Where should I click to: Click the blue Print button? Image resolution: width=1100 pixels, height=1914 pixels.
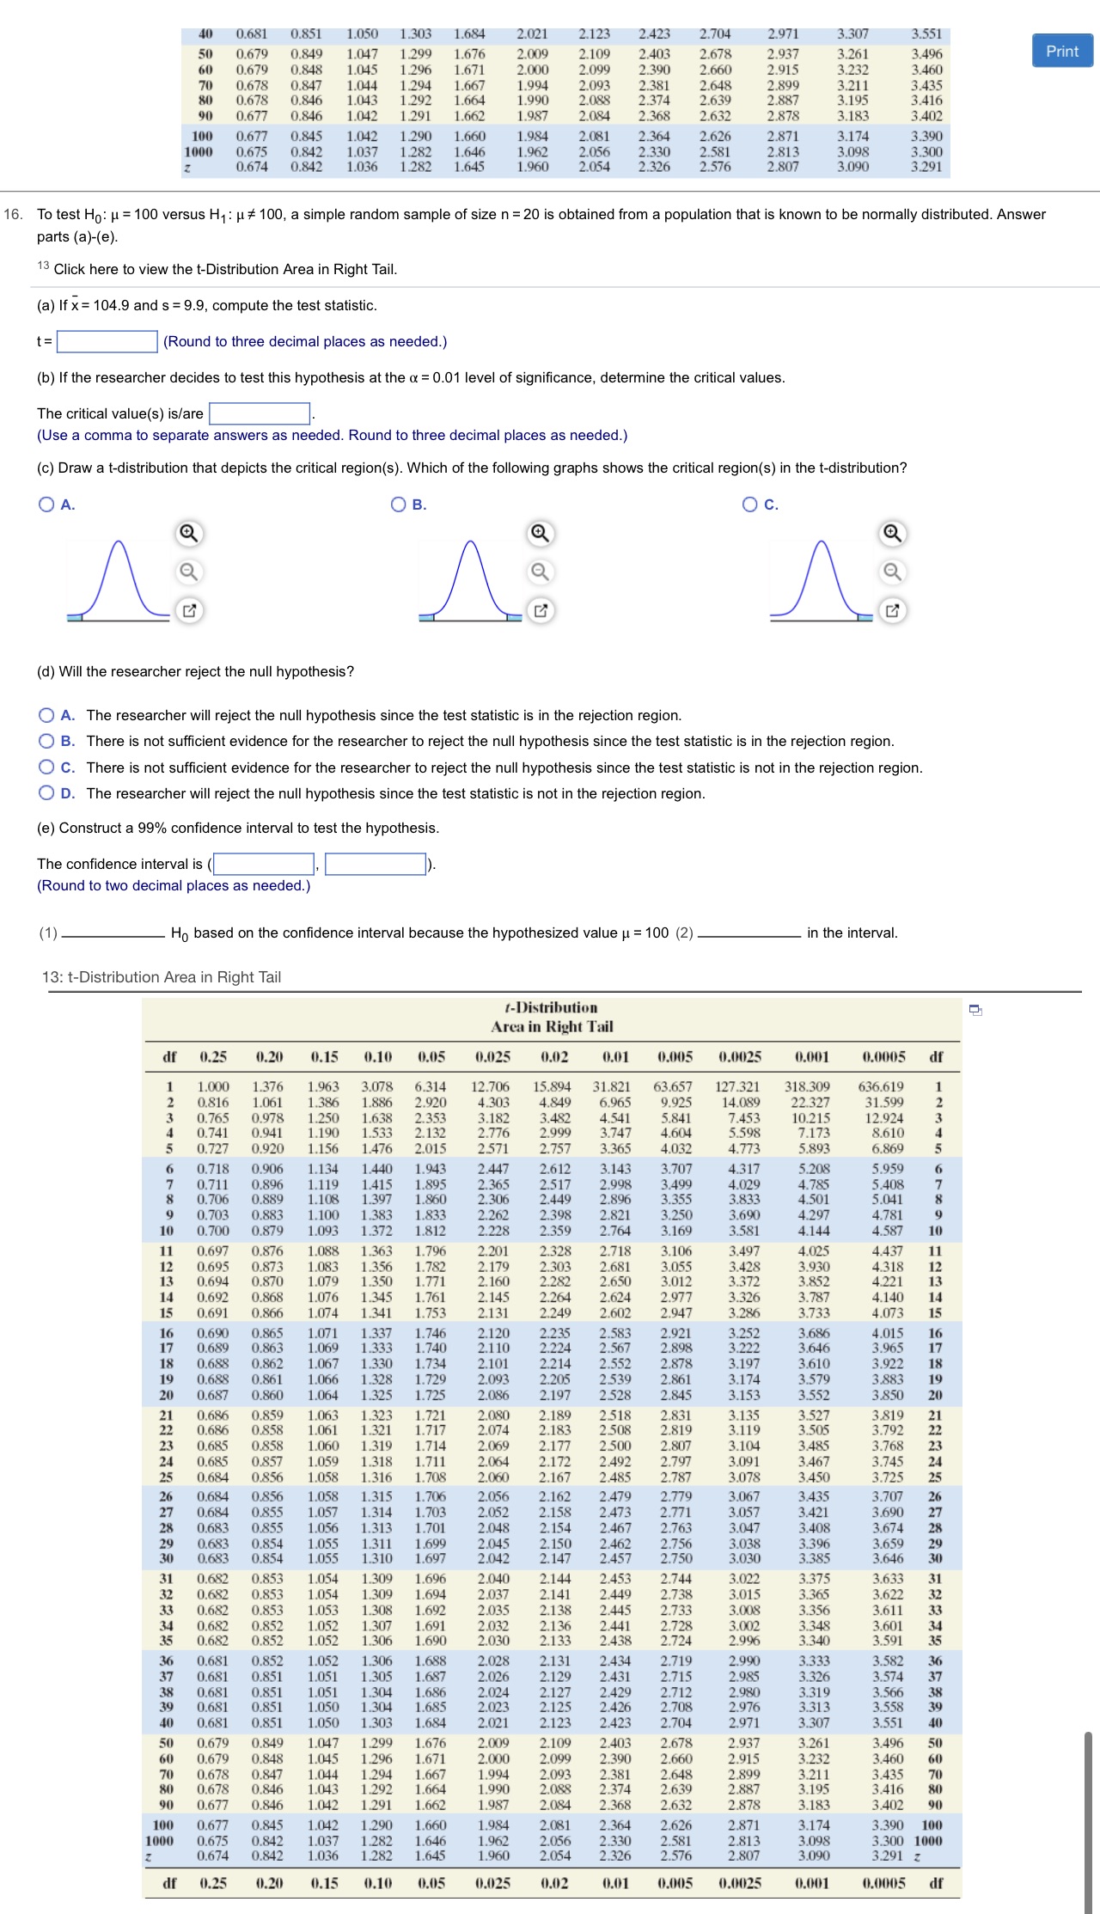[1062, 52]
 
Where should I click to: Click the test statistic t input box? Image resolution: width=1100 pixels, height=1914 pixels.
[107, 342]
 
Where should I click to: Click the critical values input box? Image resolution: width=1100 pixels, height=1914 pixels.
[260, 414]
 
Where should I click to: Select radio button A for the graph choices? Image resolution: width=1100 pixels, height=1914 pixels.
[46, 504]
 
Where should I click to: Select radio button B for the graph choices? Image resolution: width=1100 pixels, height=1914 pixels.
[399, 504]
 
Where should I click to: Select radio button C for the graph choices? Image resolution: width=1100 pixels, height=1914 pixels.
[750, 504]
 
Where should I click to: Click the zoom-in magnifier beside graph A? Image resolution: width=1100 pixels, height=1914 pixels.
[189, 534]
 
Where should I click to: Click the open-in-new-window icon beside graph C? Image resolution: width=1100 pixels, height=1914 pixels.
[893, 611]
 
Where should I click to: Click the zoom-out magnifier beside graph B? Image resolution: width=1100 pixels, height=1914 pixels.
[540, 572]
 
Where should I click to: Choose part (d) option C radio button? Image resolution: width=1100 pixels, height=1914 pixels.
[46, 767]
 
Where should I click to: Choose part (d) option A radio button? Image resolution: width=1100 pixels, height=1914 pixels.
[46, 715]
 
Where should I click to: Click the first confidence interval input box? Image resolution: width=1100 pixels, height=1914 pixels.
[265, 864]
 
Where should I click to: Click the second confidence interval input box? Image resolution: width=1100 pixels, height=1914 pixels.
[376, 864]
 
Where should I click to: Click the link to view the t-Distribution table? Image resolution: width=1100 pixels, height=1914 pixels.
[225, 269]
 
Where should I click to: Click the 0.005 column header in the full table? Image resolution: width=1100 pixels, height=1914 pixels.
[675, 1056]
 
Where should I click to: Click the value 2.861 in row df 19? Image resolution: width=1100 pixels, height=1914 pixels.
[675, 1379]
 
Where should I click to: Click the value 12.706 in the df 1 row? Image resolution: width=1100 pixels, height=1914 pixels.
[492, 1087]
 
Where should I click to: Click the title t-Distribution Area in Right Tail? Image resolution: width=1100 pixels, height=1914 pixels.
[552, 1017]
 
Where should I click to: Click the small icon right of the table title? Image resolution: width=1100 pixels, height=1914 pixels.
[975, 1010]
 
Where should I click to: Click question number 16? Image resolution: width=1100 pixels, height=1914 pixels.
[13, 215]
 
